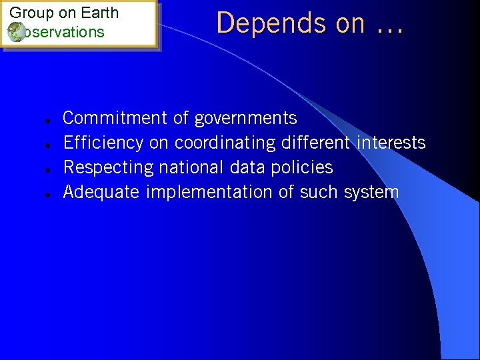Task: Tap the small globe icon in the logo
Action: point(15,32)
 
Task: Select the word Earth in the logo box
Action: point(99,13)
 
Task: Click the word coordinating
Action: point(225,143)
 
